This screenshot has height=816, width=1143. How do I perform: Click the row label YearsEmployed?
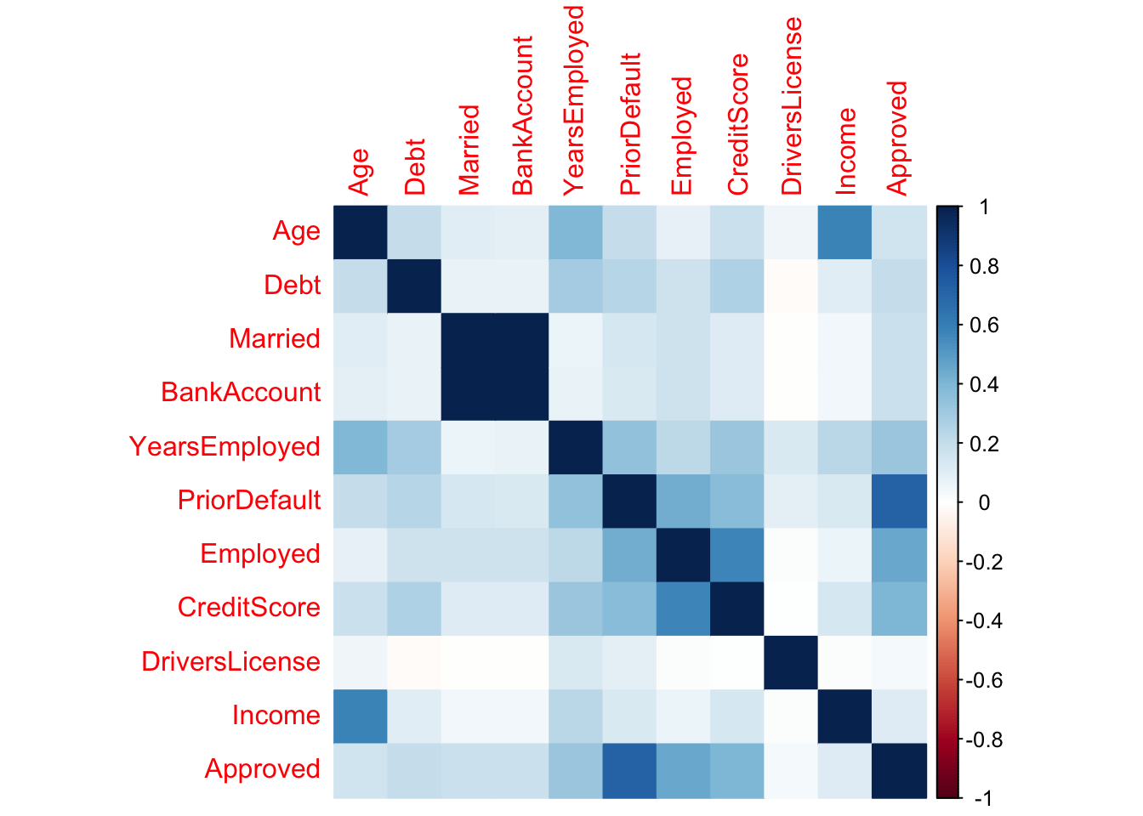225,446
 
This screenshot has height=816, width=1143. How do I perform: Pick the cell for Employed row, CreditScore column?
737,554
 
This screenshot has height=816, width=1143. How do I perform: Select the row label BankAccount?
241,393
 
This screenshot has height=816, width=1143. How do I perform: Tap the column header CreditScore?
737,124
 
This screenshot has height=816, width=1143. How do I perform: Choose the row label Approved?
262,769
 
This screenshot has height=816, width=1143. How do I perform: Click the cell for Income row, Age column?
360,716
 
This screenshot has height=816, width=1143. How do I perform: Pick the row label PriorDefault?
249,501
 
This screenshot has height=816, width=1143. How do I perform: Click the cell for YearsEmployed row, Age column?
360,447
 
